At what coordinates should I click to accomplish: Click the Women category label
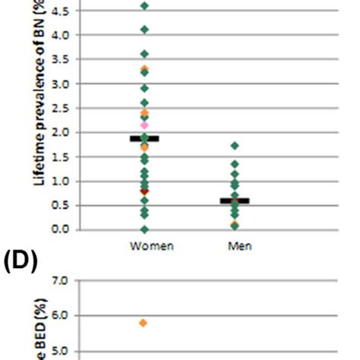144,247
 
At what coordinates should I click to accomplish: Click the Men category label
235,247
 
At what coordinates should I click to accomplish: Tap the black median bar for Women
144,138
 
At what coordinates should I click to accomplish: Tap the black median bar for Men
235,201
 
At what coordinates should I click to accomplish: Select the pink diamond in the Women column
144,125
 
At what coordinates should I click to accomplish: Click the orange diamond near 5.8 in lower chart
144,323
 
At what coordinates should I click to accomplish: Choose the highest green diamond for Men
235,145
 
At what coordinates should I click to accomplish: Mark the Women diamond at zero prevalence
144,229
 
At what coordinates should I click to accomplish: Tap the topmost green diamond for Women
144,6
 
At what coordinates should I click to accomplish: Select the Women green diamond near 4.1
144,30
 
